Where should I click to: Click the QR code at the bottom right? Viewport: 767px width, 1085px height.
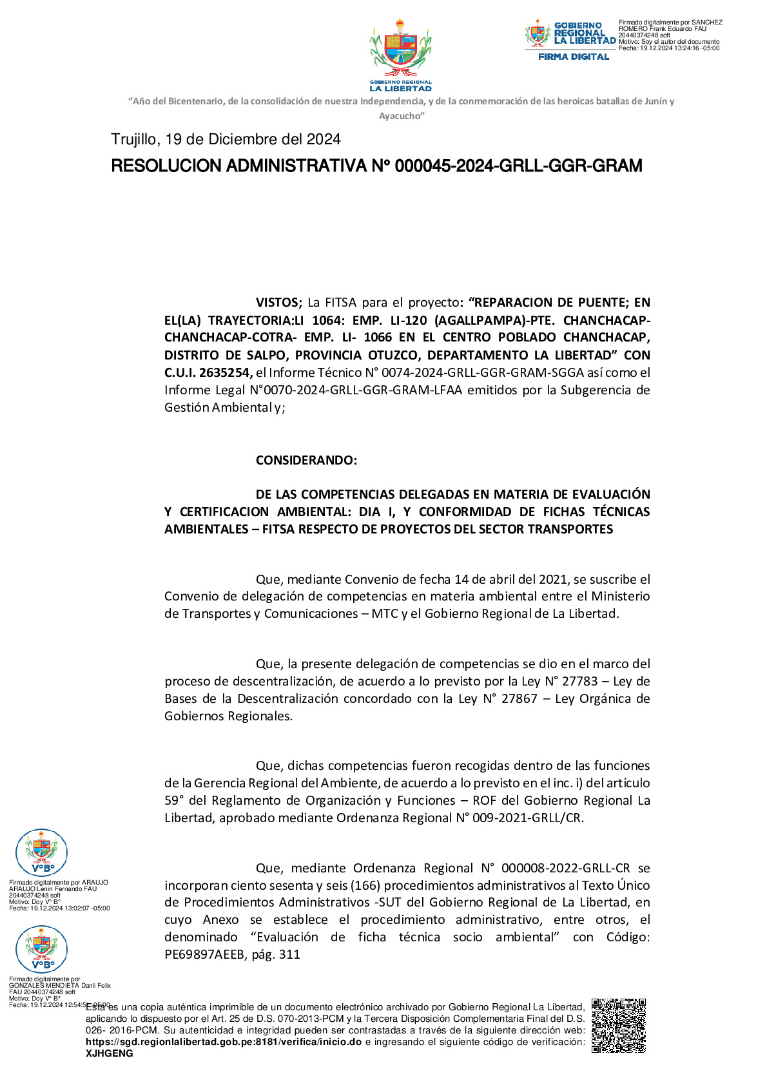point(618,1025)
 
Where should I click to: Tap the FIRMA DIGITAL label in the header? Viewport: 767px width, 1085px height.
point(574,57)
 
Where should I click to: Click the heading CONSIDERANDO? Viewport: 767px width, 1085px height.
point(306,460)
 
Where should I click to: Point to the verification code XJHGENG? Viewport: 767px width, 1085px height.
point(110,1053)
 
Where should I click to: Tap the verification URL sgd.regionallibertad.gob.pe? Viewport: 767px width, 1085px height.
point(224,1042)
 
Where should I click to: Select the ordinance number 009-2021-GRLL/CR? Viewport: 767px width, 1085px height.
point(541,818)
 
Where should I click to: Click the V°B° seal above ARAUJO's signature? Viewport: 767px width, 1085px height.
point(41,853)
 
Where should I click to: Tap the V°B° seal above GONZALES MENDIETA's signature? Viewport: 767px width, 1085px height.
point(41,949)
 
